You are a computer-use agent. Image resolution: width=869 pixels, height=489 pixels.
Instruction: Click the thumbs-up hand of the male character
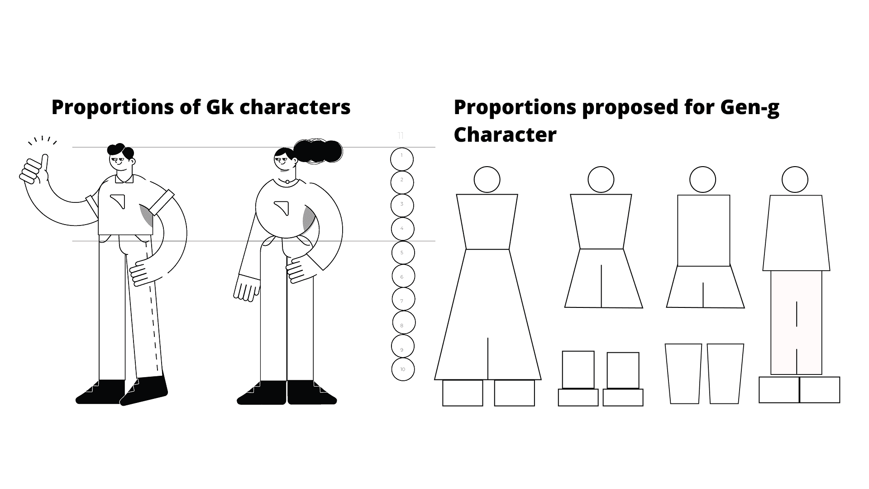33,170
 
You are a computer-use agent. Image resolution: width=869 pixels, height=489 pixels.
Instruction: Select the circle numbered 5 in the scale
402,253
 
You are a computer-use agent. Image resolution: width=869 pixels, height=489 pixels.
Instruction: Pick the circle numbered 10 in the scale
403,369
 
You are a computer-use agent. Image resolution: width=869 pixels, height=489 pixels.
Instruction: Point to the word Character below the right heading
505,134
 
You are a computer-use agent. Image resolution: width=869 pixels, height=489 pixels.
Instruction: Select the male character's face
120,160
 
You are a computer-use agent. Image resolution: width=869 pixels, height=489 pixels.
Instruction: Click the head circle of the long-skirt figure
487,180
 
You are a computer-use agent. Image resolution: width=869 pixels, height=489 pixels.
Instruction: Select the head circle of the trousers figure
795,180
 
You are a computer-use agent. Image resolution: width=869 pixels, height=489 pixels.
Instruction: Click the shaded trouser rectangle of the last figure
796,322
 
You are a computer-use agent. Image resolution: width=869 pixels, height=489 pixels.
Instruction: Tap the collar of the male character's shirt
124,179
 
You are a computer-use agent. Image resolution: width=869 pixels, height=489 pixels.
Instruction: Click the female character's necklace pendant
286,182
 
